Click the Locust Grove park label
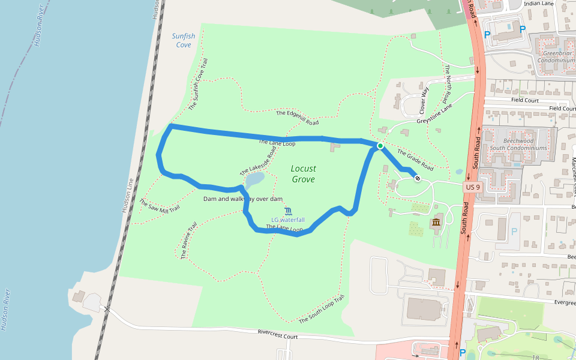point(304,173)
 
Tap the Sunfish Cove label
point(184,40)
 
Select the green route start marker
point(380,146)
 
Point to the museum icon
point(436,224)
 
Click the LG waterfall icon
point(289,211)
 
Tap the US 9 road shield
point(473,187)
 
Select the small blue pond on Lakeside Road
point(254,179)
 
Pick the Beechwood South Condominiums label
point(518,143)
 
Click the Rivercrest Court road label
point(278,334)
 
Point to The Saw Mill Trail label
point(160,205)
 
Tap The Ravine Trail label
point(189,241)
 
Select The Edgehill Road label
point(297,118)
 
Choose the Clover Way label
point(425,100)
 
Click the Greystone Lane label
point(437,112)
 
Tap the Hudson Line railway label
point(127,195)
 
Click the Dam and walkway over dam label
point(243,199)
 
